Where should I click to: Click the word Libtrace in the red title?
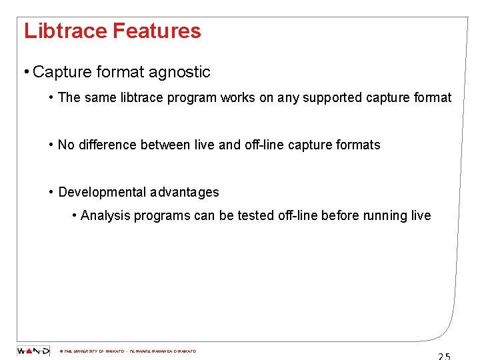[65, 31]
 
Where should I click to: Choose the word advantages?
[184, 192]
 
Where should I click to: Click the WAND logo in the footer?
[33, 351]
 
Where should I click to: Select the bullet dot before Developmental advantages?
[51, 192]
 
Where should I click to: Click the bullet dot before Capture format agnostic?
[25, 72]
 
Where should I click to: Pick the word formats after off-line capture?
[357, 145]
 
